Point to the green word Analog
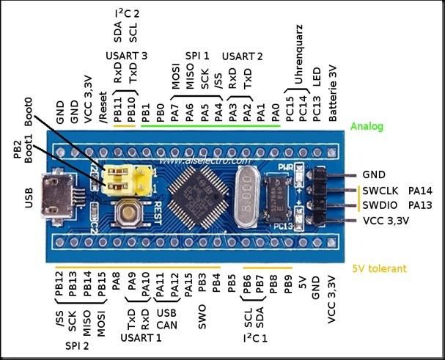coord(367,126)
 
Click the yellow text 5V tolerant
coord(380,269)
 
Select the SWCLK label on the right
coord(380,191)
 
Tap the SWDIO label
coord(380,205)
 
